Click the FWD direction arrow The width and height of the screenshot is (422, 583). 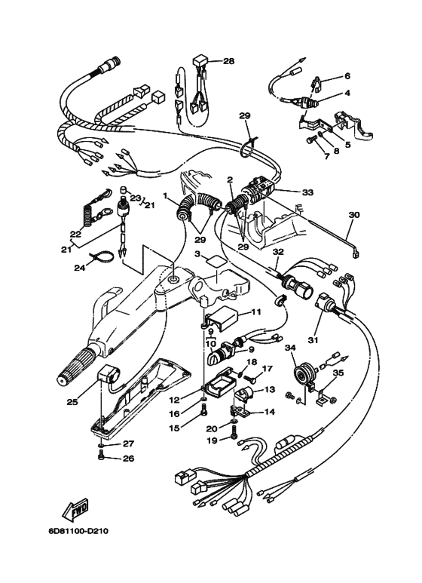(71, 513)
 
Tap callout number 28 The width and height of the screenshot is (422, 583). (228, 60)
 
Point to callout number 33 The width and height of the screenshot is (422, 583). (307, 192)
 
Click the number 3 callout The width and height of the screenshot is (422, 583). (197, 256)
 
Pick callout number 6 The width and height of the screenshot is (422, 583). (347, 76)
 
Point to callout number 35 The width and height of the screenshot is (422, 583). (338, 371)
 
